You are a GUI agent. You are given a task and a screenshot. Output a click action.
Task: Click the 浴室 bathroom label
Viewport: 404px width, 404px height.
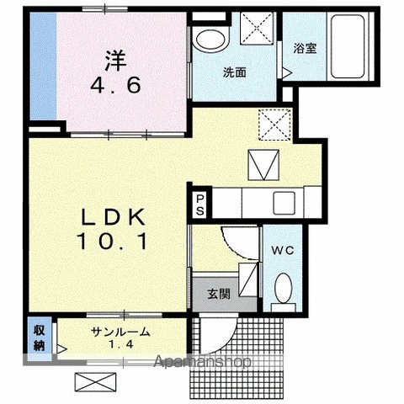tap(306, 48)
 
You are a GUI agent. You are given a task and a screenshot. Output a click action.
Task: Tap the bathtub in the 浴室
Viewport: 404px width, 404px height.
tap(348, 46)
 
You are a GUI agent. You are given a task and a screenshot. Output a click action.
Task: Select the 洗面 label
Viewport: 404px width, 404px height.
tap(235, 72)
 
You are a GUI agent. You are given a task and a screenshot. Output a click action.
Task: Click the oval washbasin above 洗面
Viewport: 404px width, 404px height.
tap(210, 40)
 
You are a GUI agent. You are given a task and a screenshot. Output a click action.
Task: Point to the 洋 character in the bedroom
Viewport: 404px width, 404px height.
tap(115, 61)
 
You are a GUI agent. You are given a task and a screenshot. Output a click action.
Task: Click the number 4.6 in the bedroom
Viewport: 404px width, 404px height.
tap(115, 85)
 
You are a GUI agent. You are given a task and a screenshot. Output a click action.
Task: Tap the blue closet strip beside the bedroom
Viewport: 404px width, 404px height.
tap(43, 66)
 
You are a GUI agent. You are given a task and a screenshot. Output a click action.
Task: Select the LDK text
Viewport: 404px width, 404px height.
tap(114, 216)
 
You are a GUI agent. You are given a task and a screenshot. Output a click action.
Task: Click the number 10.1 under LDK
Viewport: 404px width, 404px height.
tap(113, 242)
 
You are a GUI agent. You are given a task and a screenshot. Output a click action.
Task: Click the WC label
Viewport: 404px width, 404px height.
tap(283, 250)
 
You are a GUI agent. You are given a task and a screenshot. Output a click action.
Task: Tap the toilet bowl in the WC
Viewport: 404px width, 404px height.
tap(284, 288)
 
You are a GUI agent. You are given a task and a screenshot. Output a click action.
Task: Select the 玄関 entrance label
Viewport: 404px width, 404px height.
tap(219, 294)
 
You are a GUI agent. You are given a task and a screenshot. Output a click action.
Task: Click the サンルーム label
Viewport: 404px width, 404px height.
tap(120, 332)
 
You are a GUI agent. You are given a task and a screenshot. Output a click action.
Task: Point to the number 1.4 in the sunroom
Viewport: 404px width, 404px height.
tap(120, 344)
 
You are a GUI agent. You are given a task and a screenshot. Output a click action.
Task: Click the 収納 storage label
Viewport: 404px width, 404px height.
tap(40, 338)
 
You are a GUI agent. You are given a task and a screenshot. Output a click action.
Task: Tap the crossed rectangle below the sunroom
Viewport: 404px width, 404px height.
tap(95, 382)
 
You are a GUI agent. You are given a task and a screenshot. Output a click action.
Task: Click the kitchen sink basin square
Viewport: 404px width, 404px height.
tap(284, 203)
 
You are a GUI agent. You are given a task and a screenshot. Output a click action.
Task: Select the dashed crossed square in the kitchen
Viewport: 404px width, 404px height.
tap(274, 125)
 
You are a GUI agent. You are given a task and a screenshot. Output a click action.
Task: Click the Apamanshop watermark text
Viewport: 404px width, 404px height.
tap(203, 362)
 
